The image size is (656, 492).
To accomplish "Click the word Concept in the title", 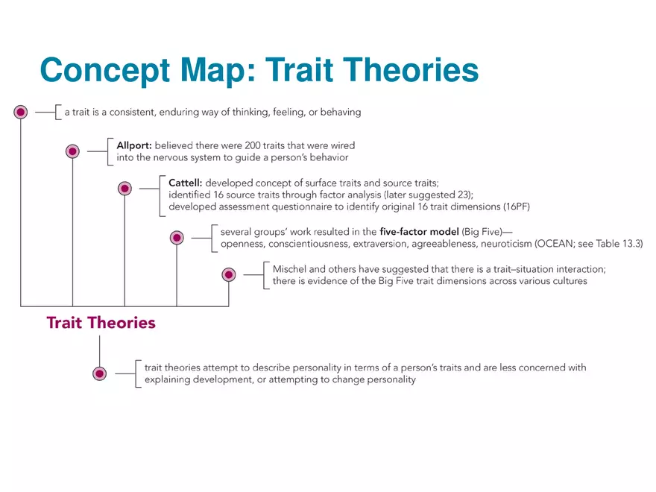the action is [x=105, y=70].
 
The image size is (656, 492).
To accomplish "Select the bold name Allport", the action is [x=134, y=145].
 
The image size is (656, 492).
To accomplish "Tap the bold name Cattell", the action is [x=186, y=183].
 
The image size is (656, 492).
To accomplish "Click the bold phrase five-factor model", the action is [x=419, y=231].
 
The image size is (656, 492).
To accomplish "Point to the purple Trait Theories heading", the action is [x=101, y=323].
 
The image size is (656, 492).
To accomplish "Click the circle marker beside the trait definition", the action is [x=21, y=112].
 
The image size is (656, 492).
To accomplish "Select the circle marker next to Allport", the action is [x=72, y=151].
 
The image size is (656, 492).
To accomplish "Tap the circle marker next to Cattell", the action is [x=124, y=189].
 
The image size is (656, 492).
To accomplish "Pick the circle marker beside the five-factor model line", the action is [x=177, y=238].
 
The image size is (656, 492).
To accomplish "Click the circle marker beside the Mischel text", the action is [x=228, y=275].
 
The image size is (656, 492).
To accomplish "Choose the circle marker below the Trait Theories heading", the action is [x=100, y=373].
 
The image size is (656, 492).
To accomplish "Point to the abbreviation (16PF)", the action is [x=517, y=206].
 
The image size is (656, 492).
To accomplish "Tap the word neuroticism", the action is [x=506, y=244].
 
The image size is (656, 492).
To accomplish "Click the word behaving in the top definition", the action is [x=341, y=112].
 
